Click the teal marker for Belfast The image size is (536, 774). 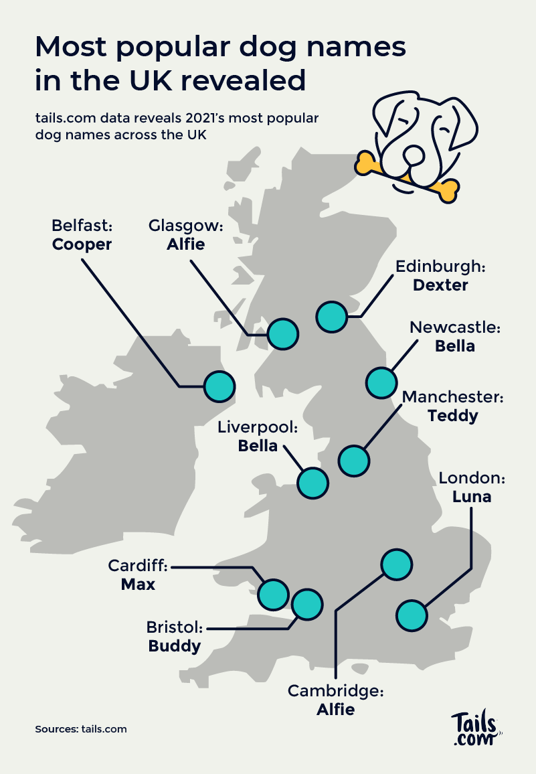(219, 386)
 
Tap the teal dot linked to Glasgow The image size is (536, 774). (282, 333)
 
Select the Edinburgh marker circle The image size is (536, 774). (332, 316)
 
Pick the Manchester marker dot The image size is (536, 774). (354, 461)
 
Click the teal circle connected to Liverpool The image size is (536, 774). (312, 482)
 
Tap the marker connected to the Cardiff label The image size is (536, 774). (273, 593)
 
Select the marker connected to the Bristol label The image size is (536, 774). (307, 604)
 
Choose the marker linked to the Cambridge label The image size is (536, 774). (396, 564)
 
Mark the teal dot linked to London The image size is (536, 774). (412, 615)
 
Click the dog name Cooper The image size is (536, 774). (82, 244)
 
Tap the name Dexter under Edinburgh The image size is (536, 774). (440, 285)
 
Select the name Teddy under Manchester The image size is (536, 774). (453, 416)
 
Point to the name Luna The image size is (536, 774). (472, 497)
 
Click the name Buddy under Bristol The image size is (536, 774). (175, 646)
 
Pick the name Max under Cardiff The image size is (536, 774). (138, 585)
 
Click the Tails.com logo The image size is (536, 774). (475, 729)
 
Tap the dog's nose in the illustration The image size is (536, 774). (414, 156)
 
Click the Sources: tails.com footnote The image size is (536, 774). (81, 728)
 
